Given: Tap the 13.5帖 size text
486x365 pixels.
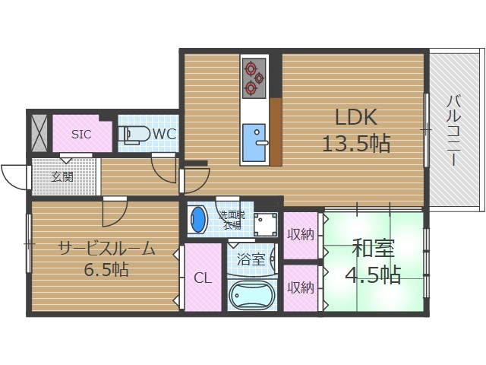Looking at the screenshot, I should [x=357, y=142].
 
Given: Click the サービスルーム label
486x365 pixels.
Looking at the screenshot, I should [x=106, y=248].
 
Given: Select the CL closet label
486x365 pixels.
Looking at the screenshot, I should [x=202, y=278].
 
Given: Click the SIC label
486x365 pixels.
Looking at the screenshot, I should [x=81, y=135].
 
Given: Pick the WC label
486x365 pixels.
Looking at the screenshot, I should [x=165, y=135].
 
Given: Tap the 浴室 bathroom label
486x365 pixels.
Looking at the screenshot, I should [x=251, y=259].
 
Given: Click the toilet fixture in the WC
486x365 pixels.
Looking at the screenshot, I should [x=136, y=135].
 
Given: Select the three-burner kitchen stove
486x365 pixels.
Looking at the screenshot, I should [x=253, y=79].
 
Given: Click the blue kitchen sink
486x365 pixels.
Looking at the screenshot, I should [x=253, y=140].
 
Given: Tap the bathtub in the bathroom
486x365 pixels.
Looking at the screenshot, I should [x=251, y=295].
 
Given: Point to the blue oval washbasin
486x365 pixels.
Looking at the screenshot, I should [x=198, y=221].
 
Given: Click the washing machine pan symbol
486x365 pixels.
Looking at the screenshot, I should [x=266, y=223].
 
